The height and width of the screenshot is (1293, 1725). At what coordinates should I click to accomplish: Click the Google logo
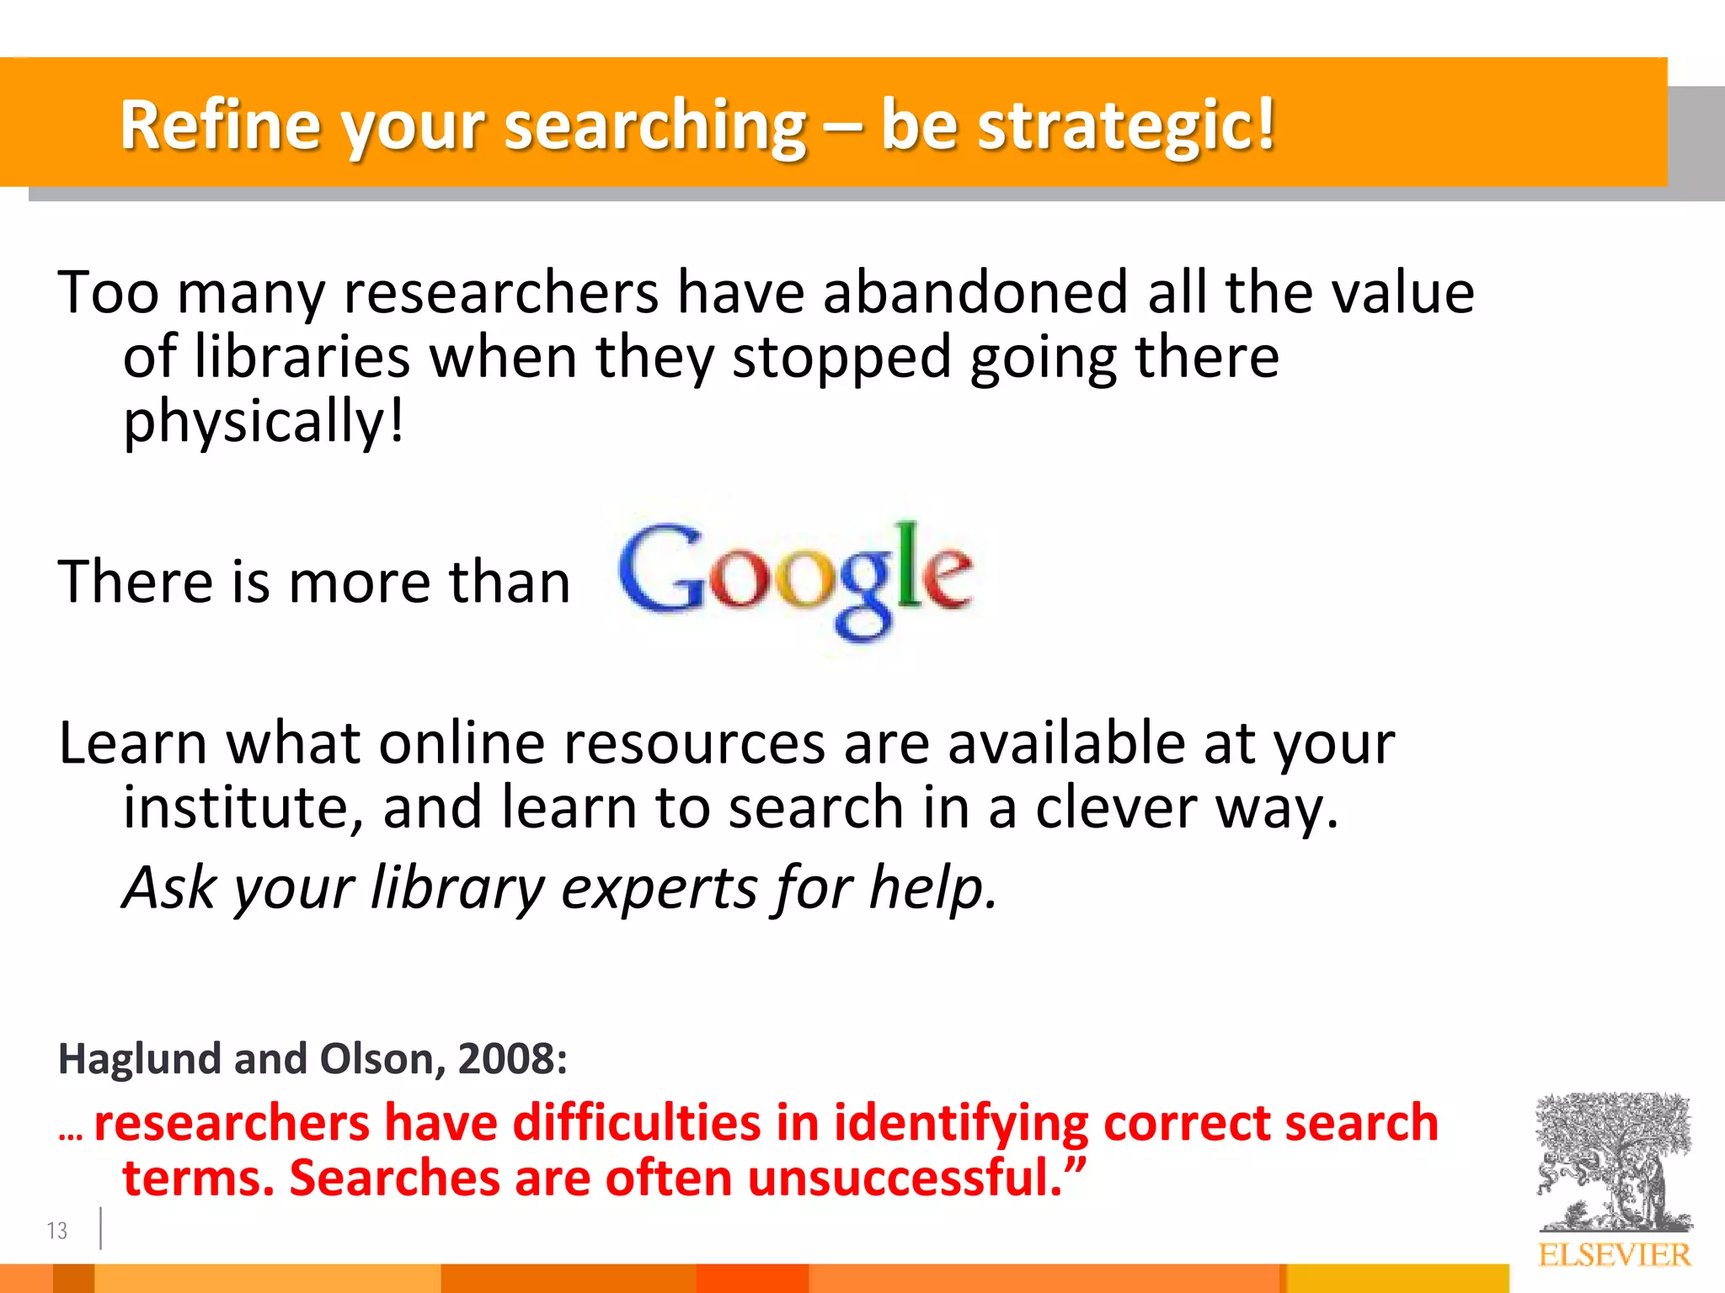point(796,579)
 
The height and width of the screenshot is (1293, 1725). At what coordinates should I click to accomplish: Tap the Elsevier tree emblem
point(1614,1162)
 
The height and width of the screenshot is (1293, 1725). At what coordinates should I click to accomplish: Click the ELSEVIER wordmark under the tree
point(1614,1255)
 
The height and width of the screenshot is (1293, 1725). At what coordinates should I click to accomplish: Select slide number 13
point(56,1231)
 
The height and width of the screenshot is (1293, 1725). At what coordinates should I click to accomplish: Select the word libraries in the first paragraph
point(302,357)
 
